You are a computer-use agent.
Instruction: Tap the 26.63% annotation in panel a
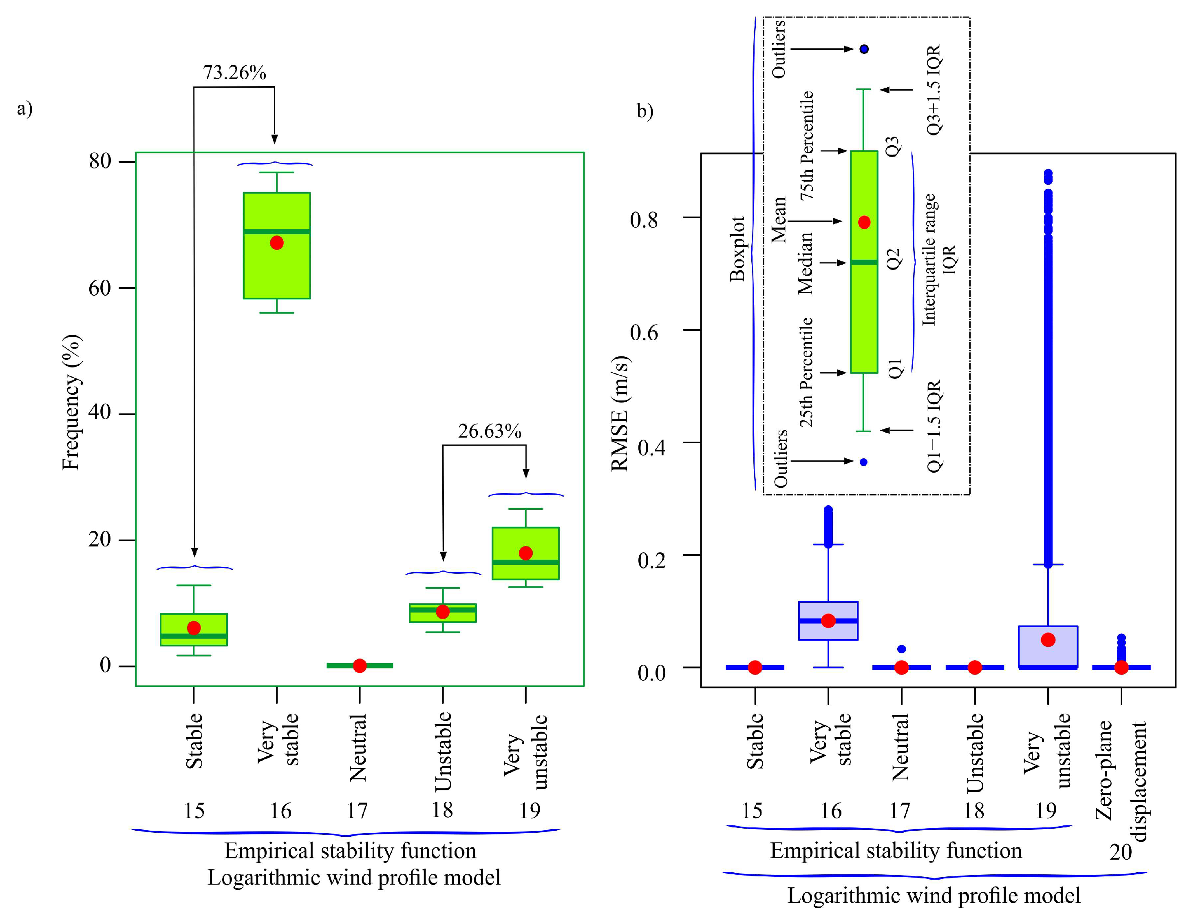click(x=489, y=431)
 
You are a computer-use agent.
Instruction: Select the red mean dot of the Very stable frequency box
click(x=277, y=243)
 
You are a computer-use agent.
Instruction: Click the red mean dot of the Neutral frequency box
click(x=360, y=666)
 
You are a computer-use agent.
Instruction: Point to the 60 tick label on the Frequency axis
click(x=100, y=288)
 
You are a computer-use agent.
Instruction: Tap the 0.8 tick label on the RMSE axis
click(x=644, y=220)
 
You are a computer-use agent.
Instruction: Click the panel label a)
click(x=24, y=108)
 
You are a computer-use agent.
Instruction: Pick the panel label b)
click(x=645, y=111)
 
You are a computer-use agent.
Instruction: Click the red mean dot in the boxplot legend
click(x=864, y=222)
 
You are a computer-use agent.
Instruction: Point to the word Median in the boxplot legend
click(x=806, y=263)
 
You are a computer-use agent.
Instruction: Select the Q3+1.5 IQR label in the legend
click(x=934, y=90)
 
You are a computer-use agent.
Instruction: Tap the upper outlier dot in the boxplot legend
click(x=864, y=49)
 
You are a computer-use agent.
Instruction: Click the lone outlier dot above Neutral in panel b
click(x=902, y=649)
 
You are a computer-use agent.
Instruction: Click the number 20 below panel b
click(x=1121, y=852)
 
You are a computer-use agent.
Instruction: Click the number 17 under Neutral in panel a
click(x=358, y=811)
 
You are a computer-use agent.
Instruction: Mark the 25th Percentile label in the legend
click(x=806, y=372)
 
